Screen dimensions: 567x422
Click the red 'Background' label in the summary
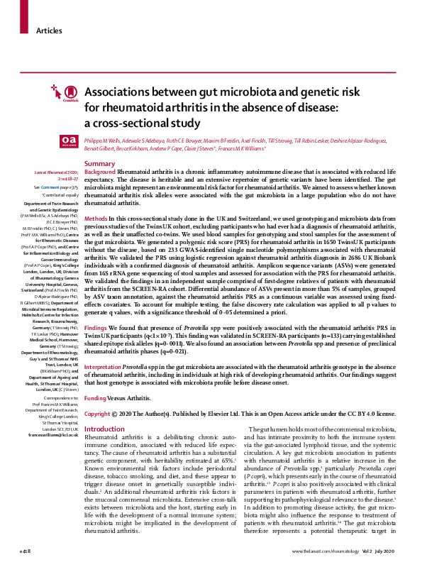coord(100,172)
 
